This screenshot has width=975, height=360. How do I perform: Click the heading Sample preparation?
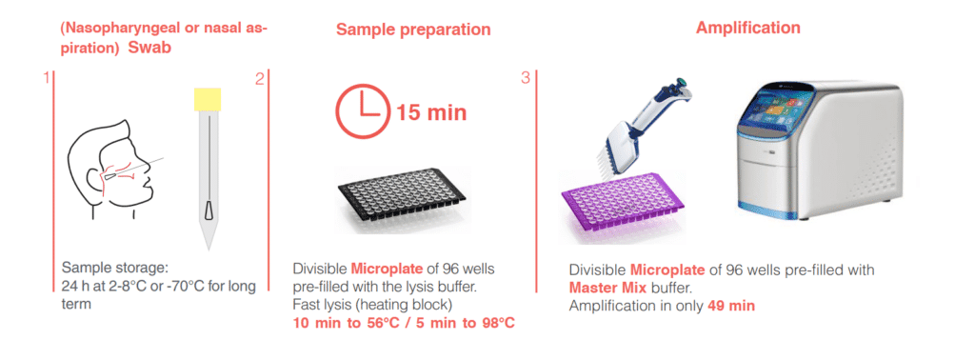413,30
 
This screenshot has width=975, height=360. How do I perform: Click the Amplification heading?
748,28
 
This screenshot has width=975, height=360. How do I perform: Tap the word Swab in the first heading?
149,49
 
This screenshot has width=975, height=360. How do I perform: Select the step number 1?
46,78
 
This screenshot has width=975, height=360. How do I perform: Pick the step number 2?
259,78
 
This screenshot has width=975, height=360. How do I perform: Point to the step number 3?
526,78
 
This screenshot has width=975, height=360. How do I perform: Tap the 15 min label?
431,112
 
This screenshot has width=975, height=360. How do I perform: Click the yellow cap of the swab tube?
207,99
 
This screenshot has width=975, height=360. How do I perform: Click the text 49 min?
731,306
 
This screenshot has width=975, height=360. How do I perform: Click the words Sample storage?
115,270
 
